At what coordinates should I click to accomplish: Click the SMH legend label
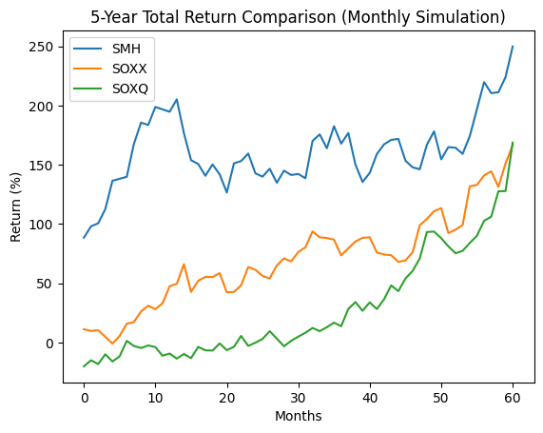[126, 49]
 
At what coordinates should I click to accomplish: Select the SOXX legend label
[129, 69]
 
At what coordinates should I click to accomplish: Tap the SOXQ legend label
[130, 89]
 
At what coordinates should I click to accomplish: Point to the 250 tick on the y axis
[41, 47]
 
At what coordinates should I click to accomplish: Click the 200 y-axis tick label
[41, 106]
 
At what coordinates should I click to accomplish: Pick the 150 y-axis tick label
[41, 166]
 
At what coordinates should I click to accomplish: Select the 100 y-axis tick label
[41, 225]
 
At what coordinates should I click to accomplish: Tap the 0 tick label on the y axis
[48, 344]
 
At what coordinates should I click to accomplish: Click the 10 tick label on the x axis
[155, 399]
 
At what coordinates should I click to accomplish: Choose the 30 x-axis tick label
[299, 399]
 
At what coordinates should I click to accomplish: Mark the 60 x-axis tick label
[513, 399]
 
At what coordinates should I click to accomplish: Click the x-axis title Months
[299, 416]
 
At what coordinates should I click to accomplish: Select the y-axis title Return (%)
[15, 207]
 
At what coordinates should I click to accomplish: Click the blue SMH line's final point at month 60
[513, 46]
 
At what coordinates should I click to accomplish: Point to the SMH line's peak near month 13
[177, 100]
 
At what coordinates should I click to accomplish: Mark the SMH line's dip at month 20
[227, 192]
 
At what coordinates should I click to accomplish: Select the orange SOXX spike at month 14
[184, 265]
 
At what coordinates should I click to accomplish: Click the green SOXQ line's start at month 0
[84, 366]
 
